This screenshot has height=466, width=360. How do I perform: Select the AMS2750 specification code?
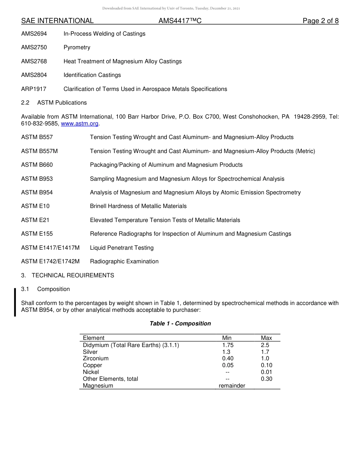point(34,47)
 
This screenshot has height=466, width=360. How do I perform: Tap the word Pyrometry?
point(77,47)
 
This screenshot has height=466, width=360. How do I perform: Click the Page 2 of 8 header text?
point(320,21)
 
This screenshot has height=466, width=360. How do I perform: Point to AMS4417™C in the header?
point(180,21)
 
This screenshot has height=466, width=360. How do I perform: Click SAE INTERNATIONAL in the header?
point(57,21)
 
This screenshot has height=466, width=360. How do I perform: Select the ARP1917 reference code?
point(34,89)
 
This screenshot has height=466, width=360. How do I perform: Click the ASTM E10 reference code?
point(35,206)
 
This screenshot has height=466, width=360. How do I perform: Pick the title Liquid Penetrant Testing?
point(122,248)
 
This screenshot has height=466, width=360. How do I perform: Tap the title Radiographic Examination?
point(124,261)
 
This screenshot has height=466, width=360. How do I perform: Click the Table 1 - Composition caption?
point(180,324)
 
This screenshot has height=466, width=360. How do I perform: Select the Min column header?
point(227,338)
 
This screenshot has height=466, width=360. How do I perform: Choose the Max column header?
point(266,338)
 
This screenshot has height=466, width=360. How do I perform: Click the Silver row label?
point(90,352)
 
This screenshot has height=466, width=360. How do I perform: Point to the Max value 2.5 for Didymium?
point(265,345)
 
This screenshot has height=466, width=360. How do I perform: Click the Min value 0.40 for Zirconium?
point(228,358)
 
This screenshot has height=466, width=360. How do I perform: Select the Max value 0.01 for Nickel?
point(266,372)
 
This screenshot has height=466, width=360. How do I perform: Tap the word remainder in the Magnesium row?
point(232,386)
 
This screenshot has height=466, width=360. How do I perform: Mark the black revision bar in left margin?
point(15,302)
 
